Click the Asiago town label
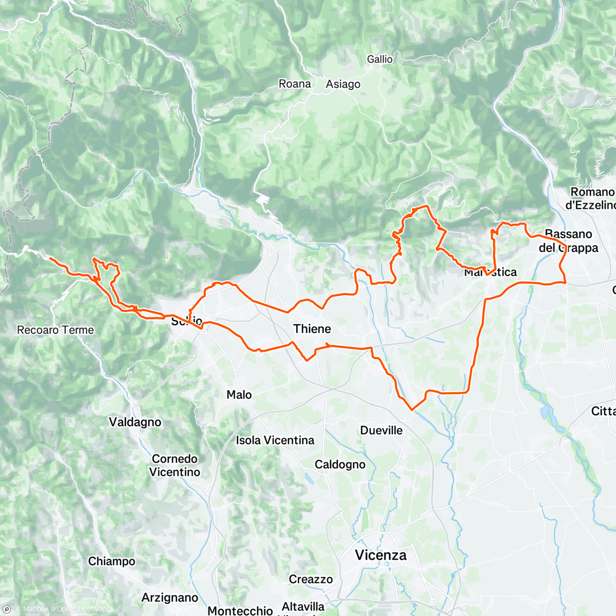pyautogui.click(x=343, y=84)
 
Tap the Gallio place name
pyautogui.click(x=379, y=60)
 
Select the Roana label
pyautogui.click(x=295, y=84)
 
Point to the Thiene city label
pyautogui.click(x=312, y=329)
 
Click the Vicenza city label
pyautogui.click(x=381, y=555)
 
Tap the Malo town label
pyautogui.click(x=239, y=395)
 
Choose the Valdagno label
pyautogui.click(x=135, y=422)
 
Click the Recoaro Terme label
pyautogui.click(x=55, y=330)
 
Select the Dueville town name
pyautogui.click(x=381, y=430)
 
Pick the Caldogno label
pyautogui.click(x=340, y=465)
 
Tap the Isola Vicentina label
pyautogui.click(x=275, y=440)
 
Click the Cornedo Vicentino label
pyautogui.click(x=175, y=465)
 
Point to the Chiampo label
pyautogui.click(x=111, y=561)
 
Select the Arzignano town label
pyautogui.click(x=169, y=598)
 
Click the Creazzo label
pyautogui.click(x=311, y=579)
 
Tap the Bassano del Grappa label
pyautogui.click(x=568, y=241)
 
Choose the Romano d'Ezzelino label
pyautogui.click(x=590, y=198)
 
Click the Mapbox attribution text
pyautogui.click(x=35, y=609)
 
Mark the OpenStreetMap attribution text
pyautogui.click(x=82, y=609)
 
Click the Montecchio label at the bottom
pyautogui.click(x=240, y=610)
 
